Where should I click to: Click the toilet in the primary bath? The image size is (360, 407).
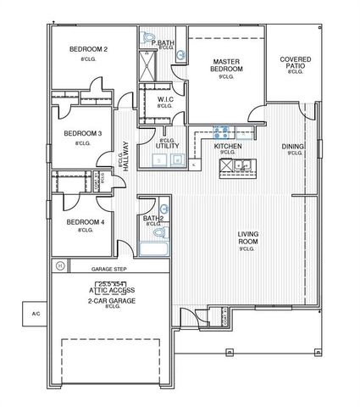pyautogui.click(x=149, y=38)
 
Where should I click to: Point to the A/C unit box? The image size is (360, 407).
pyautogui.click(x=36, y=314)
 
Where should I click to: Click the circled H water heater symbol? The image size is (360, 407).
pyautogui.click(x=60, y=265)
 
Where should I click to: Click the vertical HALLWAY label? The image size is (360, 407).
pyautogui.click(x=125, y=157)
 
